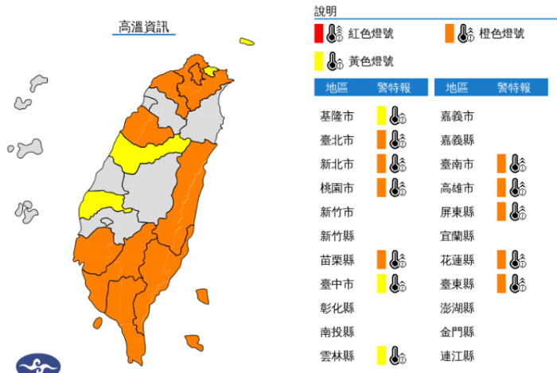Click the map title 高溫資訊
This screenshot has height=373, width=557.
click(144, 27)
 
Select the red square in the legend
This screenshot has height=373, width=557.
click(318, 33)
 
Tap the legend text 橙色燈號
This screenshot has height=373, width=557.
click(501, 33)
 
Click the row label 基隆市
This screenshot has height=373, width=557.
click(337, 117)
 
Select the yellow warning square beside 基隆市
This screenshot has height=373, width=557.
click(381, 116)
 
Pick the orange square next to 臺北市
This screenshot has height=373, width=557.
click(381, 140)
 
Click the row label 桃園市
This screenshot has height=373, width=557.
click(337, 188)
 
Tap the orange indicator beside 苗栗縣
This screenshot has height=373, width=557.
click(381, 259)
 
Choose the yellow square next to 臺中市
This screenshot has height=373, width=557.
click(381, 283)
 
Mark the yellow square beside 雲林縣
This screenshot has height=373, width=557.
click(381, 355)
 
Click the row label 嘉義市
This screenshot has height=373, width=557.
click(458, 117)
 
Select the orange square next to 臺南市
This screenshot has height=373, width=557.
click(501, 164)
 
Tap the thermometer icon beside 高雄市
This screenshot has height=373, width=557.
click(516, 188)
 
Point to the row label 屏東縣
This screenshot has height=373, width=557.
click(458, 212)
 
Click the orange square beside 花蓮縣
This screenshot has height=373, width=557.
click(501, 259)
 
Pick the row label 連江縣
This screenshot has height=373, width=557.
click(458, 356)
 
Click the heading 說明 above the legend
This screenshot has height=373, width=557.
click(325, 11)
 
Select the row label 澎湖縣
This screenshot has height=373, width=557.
click(458, 308)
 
